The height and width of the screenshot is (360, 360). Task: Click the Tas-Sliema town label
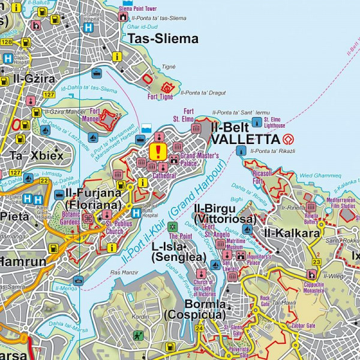pyautogui.click(x=163, y=39)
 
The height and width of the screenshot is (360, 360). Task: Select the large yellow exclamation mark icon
pyautogui.click(x=158, y=151)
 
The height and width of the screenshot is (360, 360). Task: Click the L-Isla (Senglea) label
pyautogui.click(x=175, y=252)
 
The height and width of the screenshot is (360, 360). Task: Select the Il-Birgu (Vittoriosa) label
pyautogui.click(x=225, y=214)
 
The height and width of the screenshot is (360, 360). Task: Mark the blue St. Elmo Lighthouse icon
pyautogui.click(x=257, y=122)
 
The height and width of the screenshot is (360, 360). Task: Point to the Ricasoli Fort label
pyautogui.click(x=258, y=177)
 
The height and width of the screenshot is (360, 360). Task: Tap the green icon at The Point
pyautogui.click(x=173, y=227)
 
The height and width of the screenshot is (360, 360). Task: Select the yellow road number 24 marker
pyautogui.click(x=199, y=328)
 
